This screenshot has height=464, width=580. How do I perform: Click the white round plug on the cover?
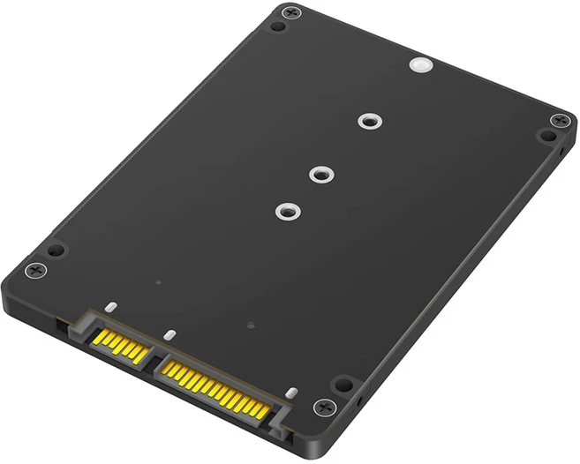[419, 65]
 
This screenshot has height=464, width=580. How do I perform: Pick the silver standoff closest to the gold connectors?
[283, 211]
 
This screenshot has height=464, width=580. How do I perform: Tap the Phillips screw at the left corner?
[34, 269]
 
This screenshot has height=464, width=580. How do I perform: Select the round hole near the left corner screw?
[54, 251]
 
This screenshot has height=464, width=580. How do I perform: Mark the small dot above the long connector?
[252, 325]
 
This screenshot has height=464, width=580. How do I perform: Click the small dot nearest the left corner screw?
[157, 283]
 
